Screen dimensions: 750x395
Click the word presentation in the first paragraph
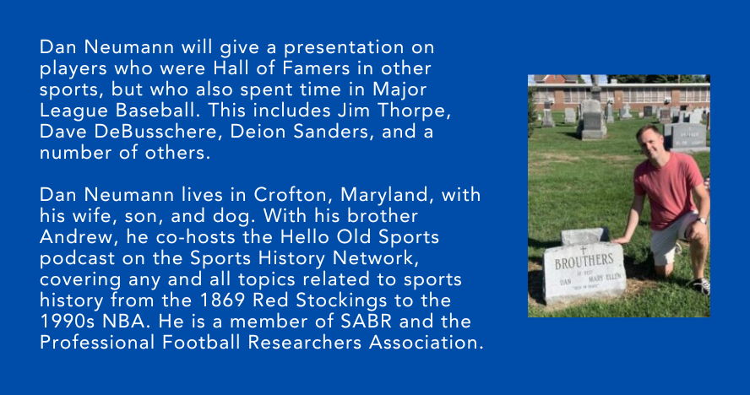click(344, 48)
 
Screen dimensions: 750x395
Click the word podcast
click(78, 259)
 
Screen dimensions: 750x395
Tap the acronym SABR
click(366, 322)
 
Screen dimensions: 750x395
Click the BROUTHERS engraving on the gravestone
click(584, 261)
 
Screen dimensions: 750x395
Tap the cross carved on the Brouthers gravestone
click(583, 249)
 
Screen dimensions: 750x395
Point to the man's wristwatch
click(700, 220)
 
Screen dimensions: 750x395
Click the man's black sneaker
click(701, 285)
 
